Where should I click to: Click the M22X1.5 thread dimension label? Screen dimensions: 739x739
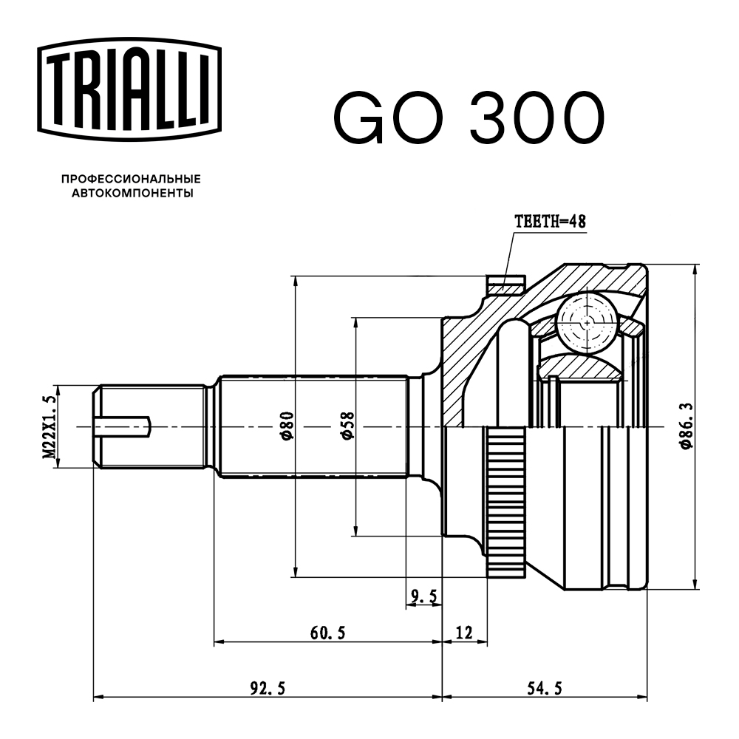49,427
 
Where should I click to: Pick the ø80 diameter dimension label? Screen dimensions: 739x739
287,427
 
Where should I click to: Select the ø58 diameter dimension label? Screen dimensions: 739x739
347,427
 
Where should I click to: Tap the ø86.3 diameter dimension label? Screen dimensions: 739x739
687,427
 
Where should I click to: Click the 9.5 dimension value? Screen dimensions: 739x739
424,596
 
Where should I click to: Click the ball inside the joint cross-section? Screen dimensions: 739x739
587,323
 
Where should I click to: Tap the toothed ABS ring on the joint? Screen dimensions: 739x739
506,503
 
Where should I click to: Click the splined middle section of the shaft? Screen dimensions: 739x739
314,427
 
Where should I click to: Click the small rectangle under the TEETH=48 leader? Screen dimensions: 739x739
506,284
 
